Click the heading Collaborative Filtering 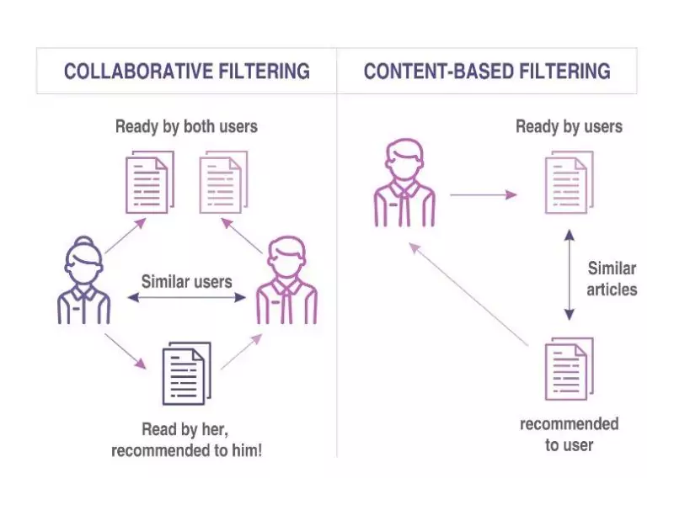pos(186,71)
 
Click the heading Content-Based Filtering pos(487,71)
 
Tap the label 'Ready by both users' pos(186,127)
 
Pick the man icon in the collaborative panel pos(286,281)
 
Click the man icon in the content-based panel pos(404,183)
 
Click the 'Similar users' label pos(186,281)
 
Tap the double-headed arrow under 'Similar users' pos(186,297)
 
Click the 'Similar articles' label pos(612,279)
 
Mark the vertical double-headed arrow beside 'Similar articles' pos(569,278)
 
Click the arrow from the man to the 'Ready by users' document pos(484,195)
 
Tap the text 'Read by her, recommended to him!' pos(186,440)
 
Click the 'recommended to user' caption pos(569,433)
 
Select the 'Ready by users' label pos(569,127)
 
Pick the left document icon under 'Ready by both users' pos(149,182)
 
